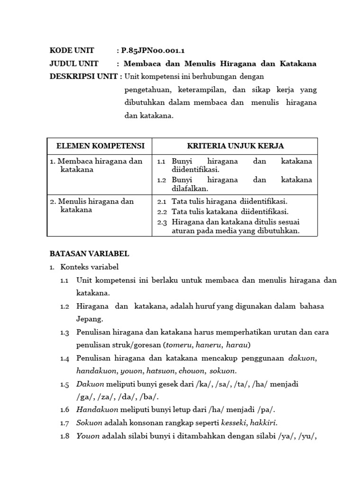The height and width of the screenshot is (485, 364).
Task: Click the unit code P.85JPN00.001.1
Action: (150, 51)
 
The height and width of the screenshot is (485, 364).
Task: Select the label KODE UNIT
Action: (72, 51)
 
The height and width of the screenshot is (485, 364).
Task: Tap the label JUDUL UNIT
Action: (74, 63)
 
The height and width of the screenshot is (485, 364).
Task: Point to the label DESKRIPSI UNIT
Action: (82, 76)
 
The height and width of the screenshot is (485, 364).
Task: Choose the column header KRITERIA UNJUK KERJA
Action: (235, 145)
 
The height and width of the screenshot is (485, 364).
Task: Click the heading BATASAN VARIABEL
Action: (89, 254)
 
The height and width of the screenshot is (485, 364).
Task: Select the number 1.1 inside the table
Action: (161, 162)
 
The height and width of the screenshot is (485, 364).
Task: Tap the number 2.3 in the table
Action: (162, 222)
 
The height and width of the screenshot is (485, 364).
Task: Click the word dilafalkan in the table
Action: (190, 188)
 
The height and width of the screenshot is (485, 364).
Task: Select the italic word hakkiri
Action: (263, 422)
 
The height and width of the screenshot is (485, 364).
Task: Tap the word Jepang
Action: (89, 319)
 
